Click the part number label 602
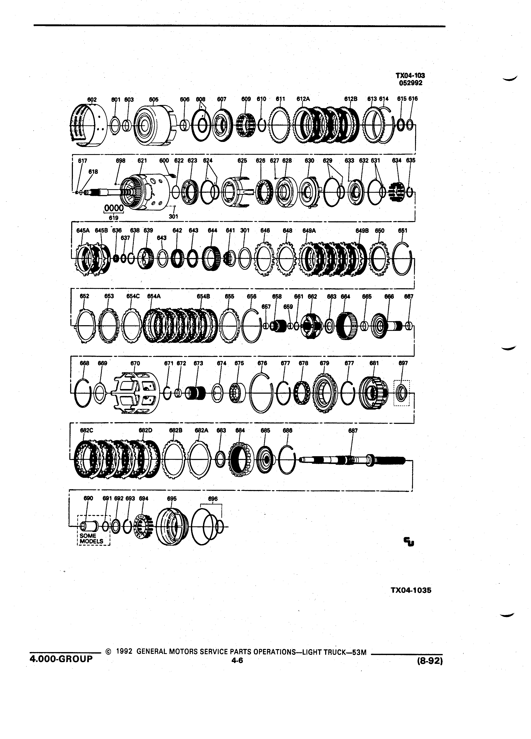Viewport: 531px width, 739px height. [92, 99]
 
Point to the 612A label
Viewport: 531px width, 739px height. [303, 99]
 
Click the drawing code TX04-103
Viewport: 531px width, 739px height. [410, 76]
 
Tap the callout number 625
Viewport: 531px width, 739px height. [242, 161]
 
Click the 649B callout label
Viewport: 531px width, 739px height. [362, 231]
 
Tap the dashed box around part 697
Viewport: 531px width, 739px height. [401, 393]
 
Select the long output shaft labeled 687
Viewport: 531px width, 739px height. [352, 460]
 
